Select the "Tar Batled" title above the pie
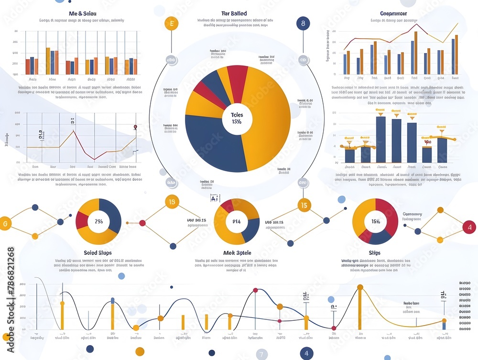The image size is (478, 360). pyautogui.click(x=234, y=13)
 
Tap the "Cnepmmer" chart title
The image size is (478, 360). pyautogui.click(x=393, y=13)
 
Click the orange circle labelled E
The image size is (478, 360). pyautogui.click(x=171, y=23)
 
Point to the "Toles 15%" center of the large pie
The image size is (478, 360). pyautogui.click(x=237, y=118)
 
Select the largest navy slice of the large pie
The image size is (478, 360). pyautogui.click(x=210, y=143)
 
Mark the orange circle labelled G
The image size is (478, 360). pyautogui.click(x=5, y=223)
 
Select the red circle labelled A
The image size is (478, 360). pyautogui.click(x=469, y=227)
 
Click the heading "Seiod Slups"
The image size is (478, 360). pyautogui.click(x=98, y=252)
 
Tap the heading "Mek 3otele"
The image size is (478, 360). pyautogui.click(x=237, y=252)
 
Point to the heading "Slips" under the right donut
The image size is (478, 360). pyautogui.click(x=375, y=252)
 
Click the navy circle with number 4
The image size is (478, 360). pyautogui.click(x=306, y=353)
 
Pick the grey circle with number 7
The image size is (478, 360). pyautogui.click(x=261, y=354)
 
